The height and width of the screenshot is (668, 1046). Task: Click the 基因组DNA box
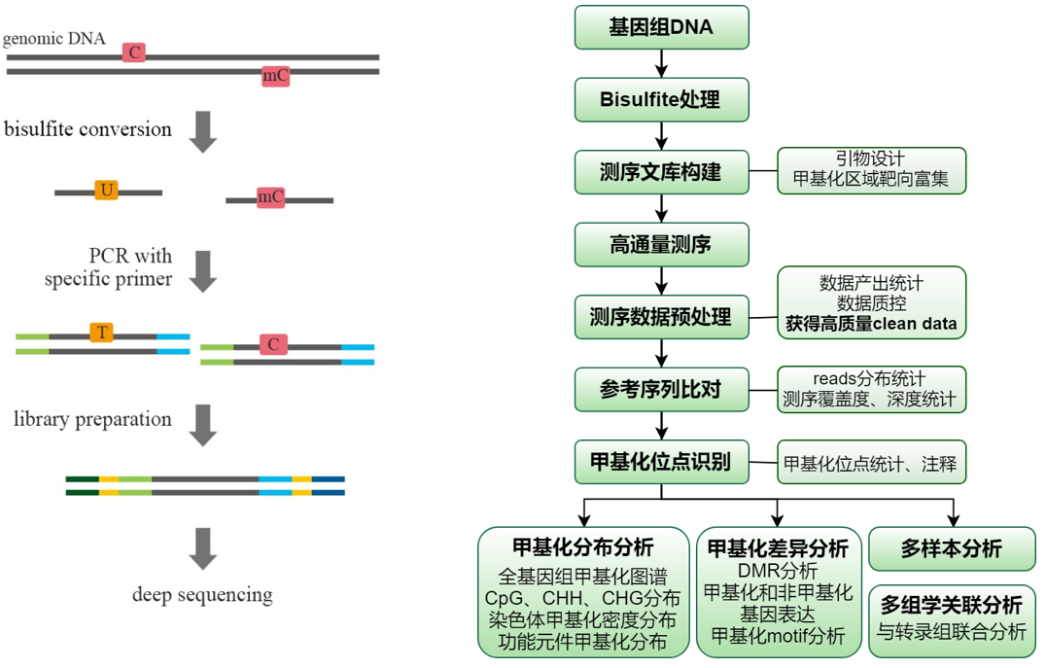(x=661, y=27)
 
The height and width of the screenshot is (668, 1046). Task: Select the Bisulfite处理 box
(x=661, y=100)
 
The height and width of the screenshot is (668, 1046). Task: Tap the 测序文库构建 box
(x=661, y=172)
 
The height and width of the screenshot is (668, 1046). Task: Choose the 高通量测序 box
(x=661, y=245)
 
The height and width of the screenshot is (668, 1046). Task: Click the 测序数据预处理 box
(x=661, y=316)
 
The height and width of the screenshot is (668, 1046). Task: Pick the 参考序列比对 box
(x=661, y=388)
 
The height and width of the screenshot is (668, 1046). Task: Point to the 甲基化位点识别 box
(x=661, y=461)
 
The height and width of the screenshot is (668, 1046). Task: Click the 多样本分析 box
(x=951, y=548)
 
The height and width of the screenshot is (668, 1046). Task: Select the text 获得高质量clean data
(x=871, y=324)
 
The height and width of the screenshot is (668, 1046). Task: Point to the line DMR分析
(x=778, y=570)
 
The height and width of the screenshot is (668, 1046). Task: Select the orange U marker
(x=106, y=191)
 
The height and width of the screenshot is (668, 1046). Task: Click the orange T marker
(x=101, y=334)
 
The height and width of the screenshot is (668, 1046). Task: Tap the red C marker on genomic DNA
(x=134, y=53)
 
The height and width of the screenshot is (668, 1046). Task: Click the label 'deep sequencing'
(x=202, y=595)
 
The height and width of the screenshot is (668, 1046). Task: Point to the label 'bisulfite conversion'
(x=87, y=129)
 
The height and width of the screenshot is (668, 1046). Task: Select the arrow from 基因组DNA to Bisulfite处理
(x=661, y=63)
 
